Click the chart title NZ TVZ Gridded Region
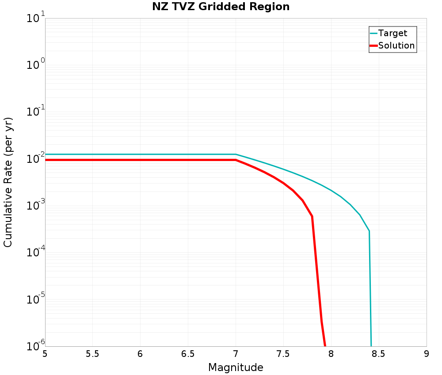221,7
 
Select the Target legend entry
392,33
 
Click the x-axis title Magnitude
236,367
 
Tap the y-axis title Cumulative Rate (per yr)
8,182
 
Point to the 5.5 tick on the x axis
92,354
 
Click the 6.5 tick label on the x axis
188,354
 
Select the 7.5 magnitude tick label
283,354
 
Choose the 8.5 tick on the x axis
378,354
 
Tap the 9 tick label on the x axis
427,354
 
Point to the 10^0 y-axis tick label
36,65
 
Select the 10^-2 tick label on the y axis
36,158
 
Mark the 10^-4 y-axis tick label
36,253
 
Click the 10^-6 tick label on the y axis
36,346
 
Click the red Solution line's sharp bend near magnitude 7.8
312,216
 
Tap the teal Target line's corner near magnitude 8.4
369,231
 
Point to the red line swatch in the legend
374,45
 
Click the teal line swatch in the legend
374,33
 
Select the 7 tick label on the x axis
236,354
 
